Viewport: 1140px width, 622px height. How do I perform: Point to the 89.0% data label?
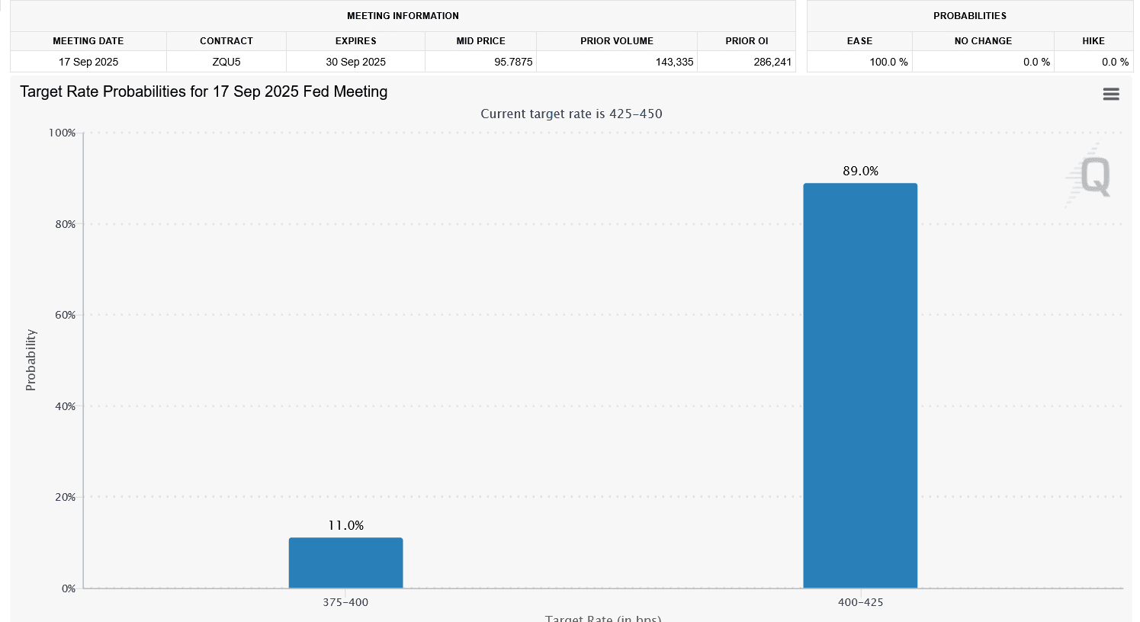coord(860,171)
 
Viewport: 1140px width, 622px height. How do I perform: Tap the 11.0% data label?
coord(345,525)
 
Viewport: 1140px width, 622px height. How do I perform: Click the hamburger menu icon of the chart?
coord(1111,94)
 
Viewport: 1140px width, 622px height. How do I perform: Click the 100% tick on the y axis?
coord(63,133)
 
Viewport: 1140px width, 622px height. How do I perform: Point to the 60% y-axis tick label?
coord(65,315)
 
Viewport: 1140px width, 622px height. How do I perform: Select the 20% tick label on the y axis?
coord(65,497)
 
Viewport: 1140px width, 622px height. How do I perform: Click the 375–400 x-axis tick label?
coord(345,602)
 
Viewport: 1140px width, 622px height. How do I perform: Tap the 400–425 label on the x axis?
coord(860,602)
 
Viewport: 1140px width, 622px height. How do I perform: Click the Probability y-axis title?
coord(31,360)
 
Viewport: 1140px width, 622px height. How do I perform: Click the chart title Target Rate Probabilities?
coord(204,91)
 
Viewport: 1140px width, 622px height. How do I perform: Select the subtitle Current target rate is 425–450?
coord(571,114)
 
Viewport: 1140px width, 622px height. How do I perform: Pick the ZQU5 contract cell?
coord(226,62)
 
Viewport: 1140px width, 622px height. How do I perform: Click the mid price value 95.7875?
coord(513,62)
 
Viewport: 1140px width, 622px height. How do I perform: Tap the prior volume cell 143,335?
coord(674,62)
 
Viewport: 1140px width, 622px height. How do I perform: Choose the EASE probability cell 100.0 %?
coord(888,62)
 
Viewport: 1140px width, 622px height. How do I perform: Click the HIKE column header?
coord(1093,41)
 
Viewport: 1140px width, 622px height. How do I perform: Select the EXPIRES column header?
coord(355,41)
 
